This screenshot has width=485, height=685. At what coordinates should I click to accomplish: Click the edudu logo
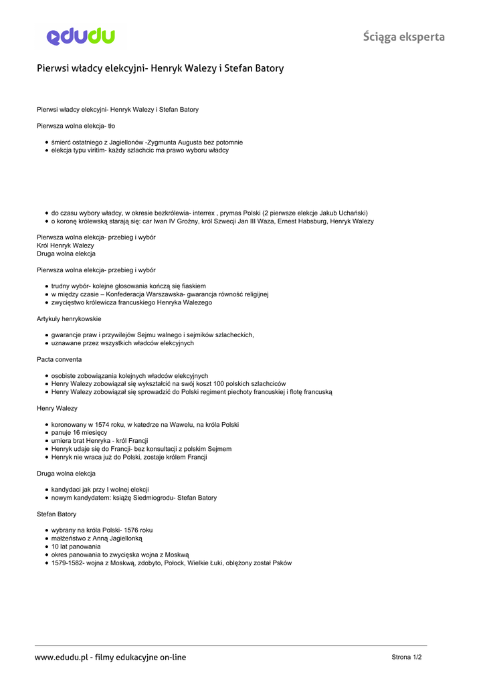pos(81,36)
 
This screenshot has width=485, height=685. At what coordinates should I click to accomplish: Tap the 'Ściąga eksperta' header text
pos(404,37)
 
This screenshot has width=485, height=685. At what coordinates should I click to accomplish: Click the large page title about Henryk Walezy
pos(160,68)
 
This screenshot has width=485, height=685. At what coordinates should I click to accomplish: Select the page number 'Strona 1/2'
pos(407,657)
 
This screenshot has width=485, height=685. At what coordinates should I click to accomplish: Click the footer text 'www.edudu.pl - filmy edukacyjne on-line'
pos(110,658)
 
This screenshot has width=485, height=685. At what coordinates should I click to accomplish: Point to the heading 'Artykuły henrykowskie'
pos(69,318)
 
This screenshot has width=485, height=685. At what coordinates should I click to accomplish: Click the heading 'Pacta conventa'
pos(60,359)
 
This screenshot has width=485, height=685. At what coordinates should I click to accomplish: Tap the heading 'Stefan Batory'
pos(56,514)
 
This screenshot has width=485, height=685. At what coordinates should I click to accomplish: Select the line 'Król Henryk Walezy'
pos(66,246)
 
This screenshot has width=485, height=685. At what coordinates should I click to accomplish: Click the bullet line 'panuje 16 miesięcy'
pos(79,433)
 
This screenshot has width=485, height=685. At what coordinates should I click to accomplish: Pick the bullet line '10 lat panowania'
pos(76,547)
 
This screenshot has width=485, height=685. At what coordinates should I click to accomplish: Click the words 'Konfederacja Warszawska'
pos(144,294)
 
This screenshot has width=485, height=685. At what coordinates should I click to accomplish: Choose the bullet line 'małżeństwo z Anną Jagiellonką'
pos(97,538)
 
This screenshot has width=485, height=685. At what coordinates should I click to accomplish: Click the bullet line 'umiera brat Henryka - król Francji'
pos(100,441)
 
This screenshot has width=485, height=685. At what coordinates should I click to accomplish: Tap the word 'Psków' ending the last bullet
pos(282,563)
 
